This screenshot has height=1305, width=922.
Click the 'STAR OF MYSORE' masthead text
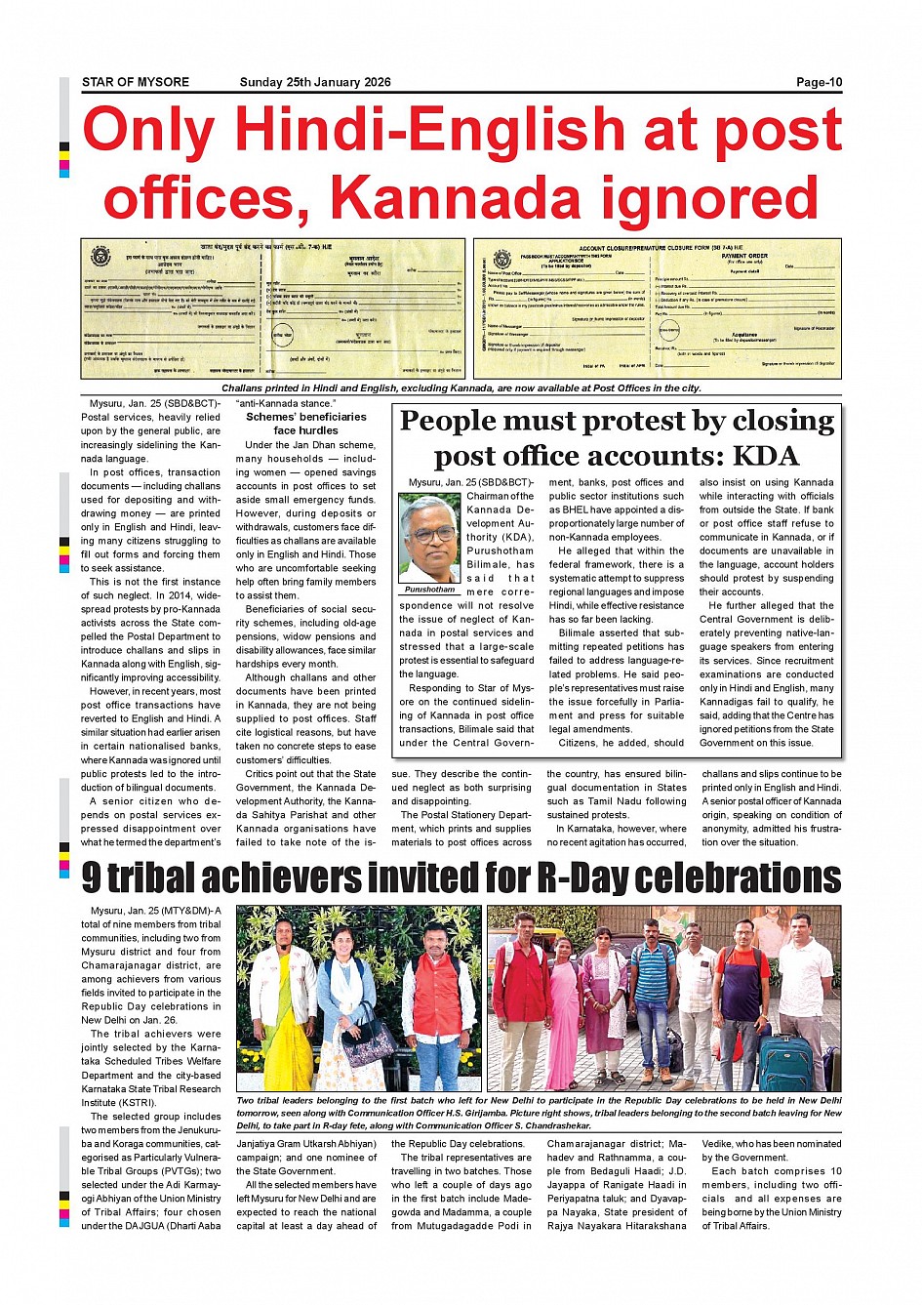pos(136,82)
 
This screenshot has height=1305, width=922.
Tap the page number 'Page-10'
pos(819,82)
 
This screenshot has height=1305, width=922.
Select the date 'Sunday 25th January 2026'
pos(315,82)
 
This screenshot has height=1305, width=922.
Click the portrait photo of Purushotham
pos(429,538)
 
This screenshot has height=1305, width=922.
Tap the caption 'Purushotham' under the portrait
pos(429,590)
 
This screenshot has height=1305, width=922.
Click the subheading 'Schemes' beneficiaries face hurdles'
pos(305,424)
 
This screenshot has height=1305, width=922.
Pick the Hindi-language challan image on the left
pos(274,308)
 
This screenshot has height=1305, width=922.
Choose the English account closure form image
pos(657,308)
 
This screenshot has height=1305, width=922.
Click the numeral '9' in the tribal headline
pos(92,878)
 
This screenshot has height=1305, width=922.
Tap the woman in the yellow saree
pos(283,1000)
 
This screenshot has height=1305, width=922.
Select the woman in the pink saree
pos(564,1005)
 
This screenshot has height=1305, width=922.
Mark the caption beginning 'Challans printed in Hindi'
pos(461,388)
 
